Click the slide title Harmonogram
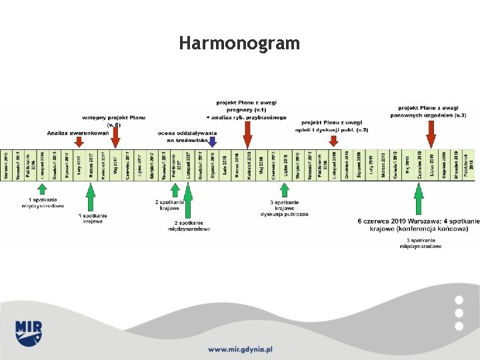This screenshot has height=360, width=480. pyautogui.click(x=239, y=44)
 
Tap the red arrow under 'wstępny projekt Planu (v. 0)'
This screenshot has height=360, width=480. pyautogui.click(x=115, y=137)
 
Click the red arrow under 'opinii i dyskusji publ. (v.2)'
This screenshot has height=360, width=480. pyautogui.click(x=333, y=140)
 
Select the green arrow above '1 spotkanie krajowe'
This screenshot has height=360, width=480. pyautogui.click(x=90, y=197)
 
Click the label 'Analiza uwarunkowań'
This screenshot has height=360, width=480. pyautogui.click(x=77, y=133)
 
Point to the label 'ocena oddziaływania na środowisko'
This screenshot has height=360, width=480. pyautogui.click(x=187, y=137)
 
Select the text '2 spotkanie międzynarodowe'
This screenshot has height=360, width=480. pyautogui.click(x=189, y=225)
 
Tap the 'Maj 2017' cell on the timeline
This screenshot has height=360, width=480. pyautogui.click(x=115, y=164)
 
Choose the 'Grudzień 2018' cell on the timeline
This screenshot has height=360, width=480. pyautogui.click(x=347, y=164)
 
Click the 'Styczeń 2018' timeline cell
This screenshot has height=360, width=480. pyautogui.click(x=212, y=164)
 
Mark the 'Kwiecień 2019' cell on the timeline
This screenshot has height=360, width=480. pyautogui.click(x=395, y=164)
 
